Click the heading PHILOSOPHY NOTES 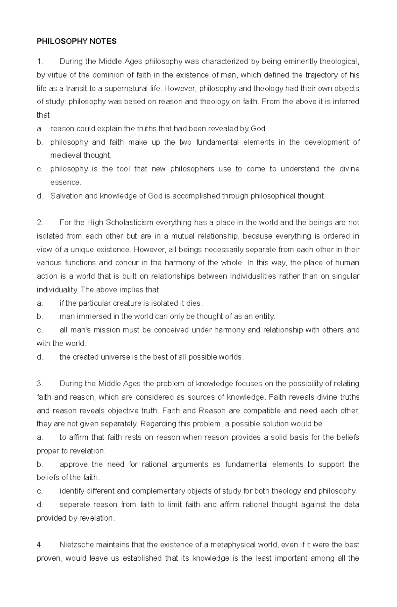point(76,41)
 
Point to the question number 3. point(40,384)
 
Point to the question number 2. point(40,223)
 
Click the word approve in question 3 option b point(71,464)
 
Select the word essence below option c point(65,182)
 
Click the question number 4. point(40,545)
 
